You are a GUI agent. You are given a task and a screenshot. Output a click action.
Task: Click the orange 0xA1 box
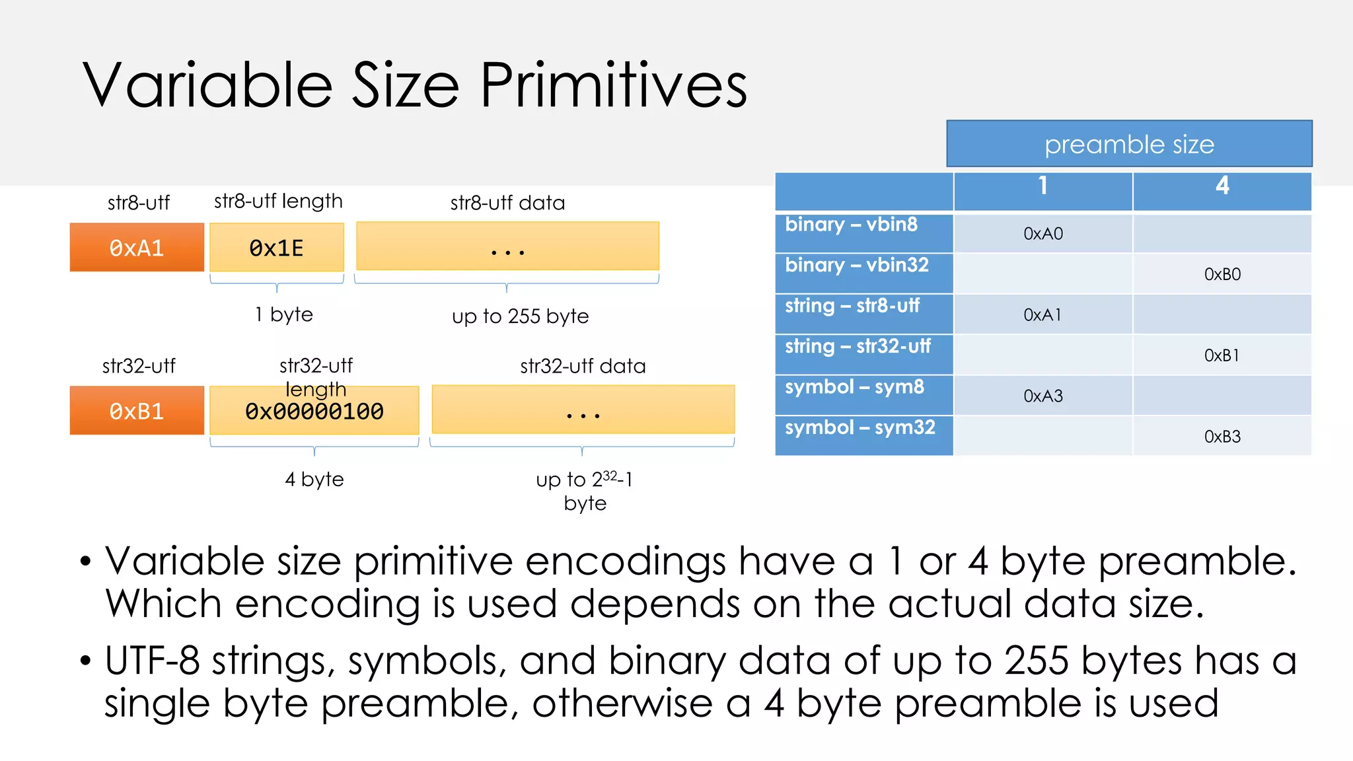pos(137,248)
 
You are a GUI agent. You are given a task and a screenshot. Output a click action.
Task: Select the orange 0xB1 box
pos(137,411)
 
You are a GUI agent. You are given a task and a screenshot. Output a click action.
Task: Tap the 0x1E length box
pos(277,248)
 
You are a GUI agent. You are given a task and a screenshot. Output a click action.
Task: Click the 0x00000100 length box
pos(314,412)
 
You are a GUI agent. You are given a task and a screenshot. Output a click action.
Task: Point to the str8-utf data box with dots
pos(507,247)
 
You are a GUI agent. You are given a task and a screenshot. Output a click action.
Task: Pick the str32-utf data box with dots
pos(583,410)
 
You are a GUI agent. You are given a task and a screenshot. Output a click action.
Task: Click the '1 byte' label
pos(284,314)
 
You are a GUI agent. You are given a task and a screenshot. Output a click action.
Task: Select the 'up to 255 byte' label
pos(520,316)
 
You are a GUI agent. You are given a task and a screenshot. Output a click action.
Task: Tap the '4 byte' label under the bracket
pos(314,479)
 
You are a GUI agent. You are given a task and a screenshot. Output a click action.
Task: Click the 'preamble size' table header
pos(1129,144)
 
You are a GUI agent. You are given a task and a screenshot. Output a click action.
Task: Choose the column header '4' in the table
pos(1222,186)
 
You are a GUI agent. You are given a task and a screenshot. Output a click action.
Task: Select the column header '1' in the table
pos(1042,186)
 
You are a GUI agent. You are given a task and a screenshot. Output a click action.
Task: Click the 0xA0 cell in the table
pos(1042,234)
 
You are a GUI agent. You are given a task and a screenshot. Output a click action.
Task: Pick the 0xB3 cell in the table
pos(1222,437)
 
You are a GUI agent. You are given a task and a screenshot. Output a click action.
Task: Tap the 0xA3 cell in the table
pos(1042,396)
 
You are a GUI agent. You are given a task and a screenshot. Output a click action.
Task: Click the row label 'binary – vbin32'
pos(856,266)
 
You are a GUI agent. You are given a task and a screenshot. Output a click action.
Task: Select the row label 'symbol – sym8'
pos(854,387)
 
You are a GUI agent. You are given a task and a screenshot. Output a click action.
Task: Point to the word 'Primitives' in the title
pos(613,86)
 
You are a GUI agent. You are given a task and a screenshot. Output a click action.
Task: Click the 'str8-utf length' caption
pos(278,201)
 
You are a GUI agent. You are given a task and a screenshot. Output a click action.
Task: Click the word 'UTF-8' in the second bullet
pos(152,661)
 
